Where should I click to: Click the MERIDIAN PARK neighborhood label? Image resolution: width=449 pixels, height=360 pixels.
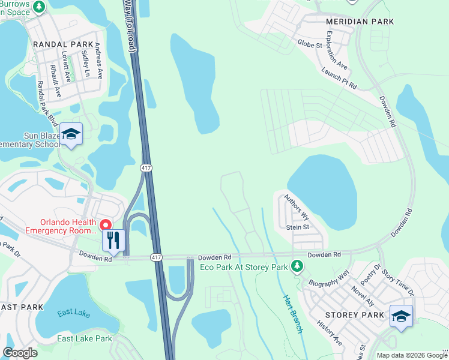[360, 22]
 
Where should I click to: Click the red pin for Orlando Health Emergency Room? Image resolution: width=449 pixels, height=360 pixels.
[106, 225]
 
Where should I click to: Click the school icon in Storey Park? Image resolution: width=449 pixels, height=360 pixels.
[401, 316]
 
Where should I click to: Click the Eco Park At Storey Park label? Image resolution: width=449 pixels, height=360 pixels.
[244, 266]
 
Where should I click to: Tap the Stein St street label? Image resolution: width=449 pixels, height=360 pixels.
[297, 227]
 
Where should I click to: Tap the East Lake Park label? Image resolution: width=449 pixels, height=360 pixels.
[85, 338]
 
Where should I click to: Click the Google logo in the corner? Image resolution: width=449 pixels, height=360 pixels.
[20, 353]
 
